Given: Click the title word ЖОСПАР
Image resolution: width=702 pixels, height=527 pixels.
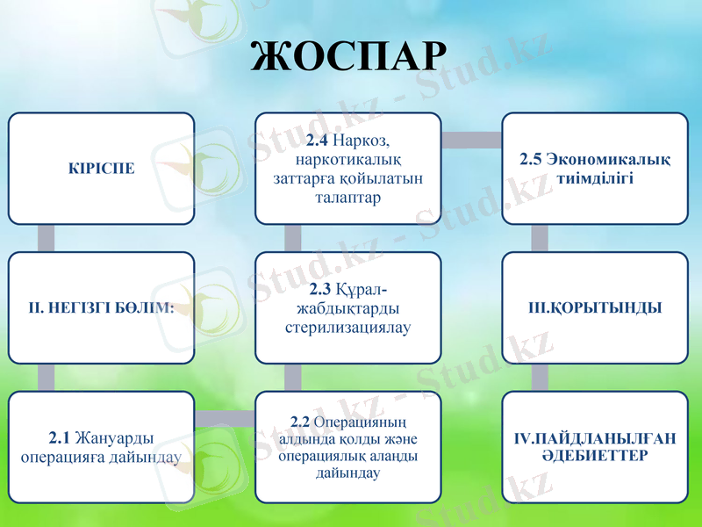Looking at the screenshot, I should (349, 55).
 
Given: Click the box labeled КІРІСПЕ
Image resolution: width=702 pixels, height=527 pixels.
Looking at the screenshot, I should (102, 168).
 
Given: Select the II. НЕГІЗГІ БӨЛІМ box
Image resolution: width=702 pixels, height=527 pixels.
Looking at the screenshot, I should (102, 307).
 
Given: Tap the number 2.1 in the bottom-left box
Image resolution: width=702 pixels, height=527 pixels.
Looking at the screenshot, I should (60, 437).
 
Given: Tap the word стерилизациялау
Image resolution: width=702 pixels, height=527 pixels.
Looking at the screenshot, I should (348, 328).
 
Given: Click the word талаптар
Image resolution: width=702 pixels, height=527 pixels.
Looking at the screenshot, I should (347, 198).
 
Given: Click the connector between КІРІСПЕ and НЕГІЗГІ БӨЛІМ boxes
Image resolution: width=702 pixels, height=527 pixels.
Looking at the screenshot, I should (47, 238).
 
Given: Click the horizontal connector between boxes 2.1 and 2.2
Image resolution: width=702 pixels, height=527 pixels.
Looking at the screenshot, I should (225, 421).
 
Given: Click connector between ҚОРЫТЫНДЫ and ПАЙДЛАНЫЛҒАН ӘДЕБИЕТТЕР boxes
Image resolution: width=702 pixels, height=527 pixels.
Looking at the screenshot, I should (540, 378).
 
